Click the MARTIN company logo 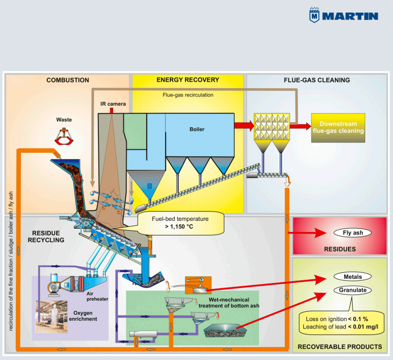pyautogui.click(x=344, y=15)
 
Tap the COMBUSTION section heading pyautogui.click(x=68, y=80)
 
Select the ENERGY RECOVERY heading pyautogui.click(x=188, y=80)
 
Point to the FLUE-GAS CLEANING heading pyautogui.click(x=317, y=80)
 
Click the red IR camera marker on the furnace pyautogui.click(x=112, y=110)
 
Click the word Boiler pyautogui.click(x=197, y=129)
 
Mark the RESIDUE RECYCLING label pyautogui.click(x=45, y=236)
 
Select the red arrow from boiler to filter pyautogui.click(x=243, y=125)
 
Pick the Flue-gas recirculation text pyautogui.click(x=188, y=95)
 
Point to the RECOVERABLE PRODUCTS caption pyautogui.click(x=340, y=347)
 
